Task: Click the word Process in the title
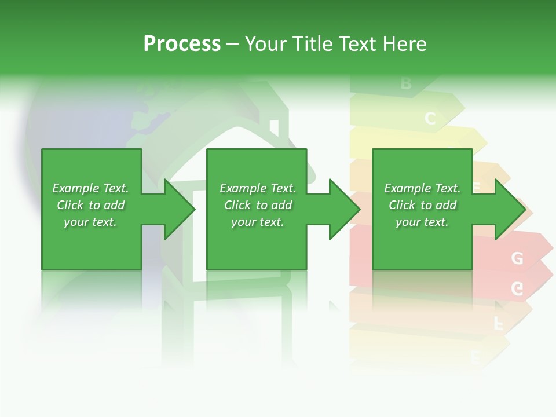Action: pos(182,44)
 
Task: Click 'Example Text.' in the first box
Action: pos(90,188)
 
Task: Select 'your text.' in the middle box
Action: pos(257,222)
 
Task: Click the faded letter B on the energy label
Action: pos(406,84)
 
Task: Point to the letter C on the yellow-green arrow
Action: pos(430,119)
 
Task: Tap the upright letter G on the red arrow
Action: pos(517,258)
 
